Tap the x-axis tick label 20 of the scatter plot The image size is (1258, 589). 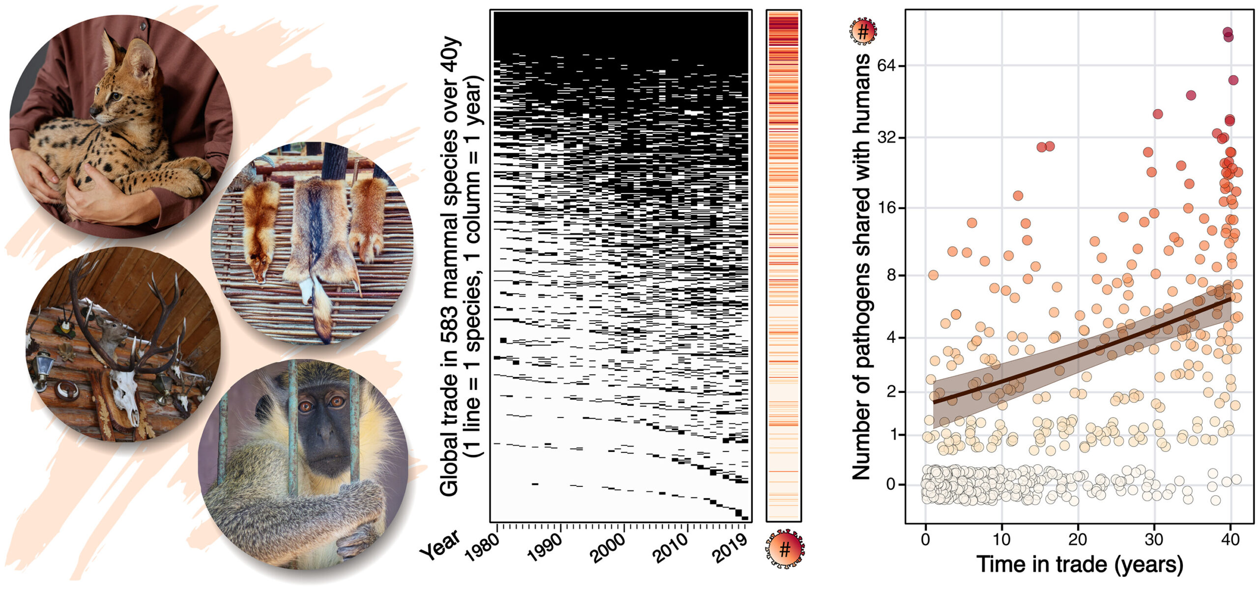coord(1078,539)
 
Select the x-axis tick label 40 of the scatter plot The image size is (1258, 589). coord(1230,539)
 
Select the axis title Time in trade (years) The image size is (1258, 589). coord(1079,564)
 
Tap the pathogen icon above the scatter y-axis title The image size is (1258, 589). coord(863,32)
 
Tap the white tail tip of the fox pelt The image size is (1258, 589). coord(306,290)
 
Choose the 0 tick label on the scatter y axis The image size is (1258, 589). coord(890,484)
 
